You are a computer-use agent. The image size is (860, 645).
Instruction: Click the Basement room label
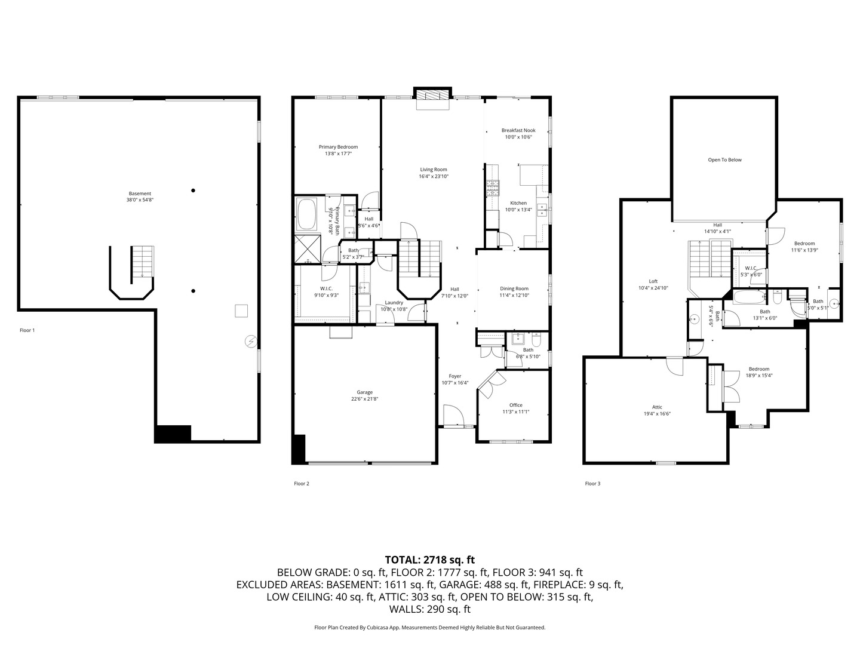point(140,193)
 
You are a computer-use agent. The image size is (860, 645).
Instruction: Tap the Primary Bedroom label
point(338,147)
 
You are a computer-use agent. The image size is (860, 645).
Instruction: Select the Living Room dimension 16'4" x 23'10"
point(433,177)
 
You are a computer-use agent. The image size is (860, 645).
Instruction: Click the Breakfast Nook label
point(518,130)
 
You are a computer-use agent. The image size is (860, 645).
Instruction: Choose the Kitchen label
point(518,203)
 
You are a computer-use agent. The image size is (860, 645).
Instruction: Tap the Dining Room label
point(514,288)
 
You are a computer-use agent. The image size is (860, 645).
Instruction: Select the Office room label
point(515,405)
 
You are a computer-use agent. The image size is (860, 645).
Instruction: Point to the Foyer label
point(455,376)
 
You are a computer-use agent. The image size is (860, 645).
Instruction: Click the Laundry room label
point(394,302)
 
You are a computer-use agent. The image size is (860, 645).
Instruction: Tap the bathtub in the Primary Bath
point(308,214)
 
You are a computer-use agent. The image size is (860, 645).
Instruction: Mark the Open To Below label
point(724,159)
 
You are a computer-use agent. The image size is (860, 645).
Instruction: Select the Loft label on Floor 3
point(653,281)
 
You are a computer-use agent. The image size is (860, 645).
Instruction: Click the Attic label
point(657,407)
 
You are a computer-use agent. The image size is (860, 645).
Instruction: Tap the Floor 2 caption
point(302,483)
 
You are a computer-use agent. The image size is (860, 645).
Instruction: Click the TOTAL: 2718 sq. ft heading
point(429,560)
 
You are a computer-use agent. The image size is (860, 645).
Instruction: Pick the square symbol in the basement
point(241,311)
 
